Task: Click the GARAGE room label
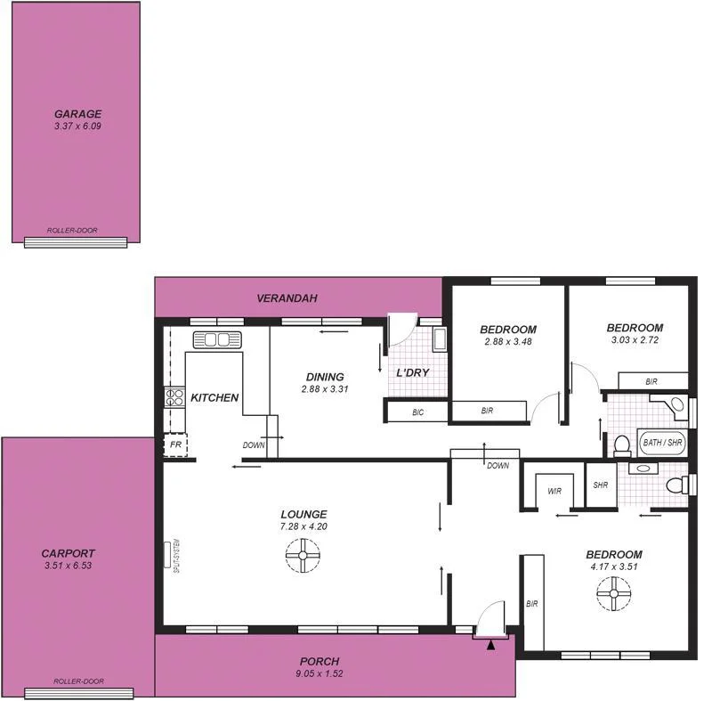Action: click(x=77, y=114)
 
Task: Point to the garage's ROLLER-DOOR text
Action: click(x=76, y=230)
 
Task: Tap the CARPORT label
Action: click(x=68, y=553)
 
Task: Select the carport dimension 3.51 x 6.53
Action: click(x=68, y=566)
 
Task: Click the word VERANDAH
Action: click(x=287, y=298)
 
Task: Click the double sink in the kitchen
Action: click(x=217, y=339)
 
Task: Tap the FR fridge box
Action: click(x=174, y=444)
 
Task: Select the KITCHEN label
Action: click(x=214, y=398)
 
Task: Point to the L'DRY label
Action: click(x=413, y=372)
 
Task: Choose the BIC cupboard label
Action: click(x=417, y=412)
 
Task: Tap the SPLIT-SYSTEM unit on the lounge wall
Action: click(x=169, y=554)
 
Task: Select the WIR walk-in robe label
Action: click(x=554, y=491)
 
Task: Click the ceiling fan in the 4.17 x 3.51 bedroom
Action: click(x=614, y=592)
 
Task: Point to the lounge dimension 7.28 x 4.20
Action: click(x=303, y=526)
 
